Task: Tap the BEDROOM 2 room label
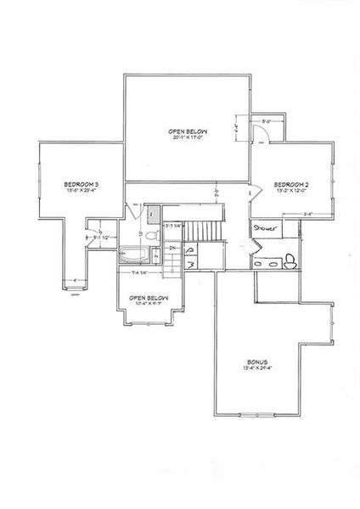pos(290,184)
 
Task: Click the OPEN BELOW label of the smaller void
pos(148,299)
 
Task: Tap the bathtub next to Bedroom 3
pos(132,252)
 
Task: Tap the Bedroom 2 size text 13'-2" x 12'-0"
pos(290,192)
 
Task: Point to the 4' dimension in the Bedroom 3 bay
pos(76,280)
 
